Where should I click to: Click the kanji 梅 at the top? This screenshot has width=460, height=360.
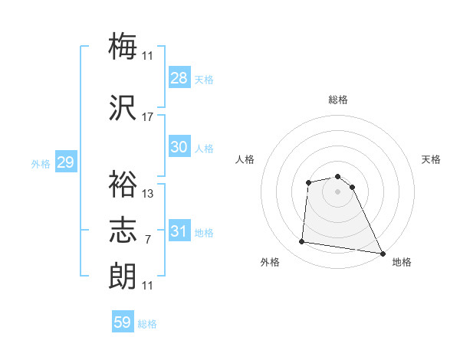(123, 46)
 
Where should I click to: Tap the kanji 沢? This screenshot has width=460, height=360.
(123, 108)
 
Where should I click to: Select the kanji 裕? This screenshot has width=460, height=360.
(123, 185)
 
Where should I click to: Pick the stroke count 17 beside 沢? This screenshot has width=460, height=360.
(148, 117)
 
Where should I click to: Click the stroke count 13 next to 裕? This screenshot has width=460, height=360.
(148, 194)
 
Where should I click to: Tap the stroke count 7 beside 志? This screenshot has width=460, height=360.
(148, 240)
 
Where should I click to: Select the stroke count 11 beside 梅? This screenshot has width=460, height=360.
(148, 55)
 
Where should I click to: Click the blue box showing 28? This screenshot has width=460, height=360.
(179, 77)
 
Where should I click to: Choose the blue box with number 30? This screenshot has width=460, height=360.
(179, 147)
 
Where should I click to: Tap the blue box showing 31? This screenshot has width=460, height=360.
(179, 231)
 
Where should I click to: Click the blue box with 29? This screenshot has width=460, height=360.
(65, 162)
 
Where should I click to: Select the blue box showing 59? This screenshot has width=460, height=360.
(123, 322)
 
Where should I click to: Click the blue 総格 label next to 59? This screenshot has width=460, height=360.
(147, 324)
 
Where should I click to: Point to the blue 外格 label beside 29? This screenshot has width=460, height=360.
(41, 163)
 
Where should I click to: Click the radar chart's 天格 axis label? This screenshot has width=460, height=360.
(431, 159)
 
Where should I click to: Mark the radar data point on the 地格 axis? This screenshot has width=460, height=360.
(383, 253)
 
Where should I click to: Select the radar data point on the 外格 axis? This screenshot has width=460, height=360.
(302, 242)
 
